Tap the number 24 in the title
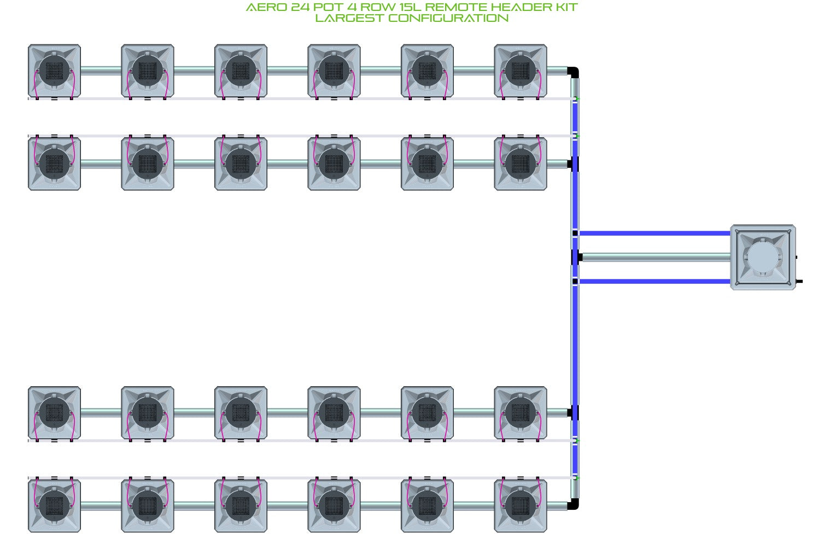pyautogui.click(x=300, y=7)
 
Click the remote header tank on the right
pyautogui.click(x=763, y=257)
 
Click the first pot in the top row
pyautogui.click(x=55, y=71)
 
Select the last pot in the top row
pyautogui.click(x=521, y=71)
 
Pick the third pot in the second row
pyautogui.click(x=241, y=164)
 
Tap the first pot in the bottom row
pyautogui.click(x=55, y=505)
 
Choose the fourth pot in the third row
pyautogui.click(x=334, y=413)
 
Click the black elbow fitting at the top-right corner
pyautogui.click(x=574, y=72)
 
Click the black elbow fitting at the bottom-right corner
pyautogui.click(x=574, y=504)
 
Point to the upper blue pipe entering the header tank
pyautogui.click(x=655, y=233)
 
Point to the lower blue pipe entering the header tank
pyautogui.click(x=655, y=282)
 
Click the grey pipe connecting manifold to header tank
pyautogui.click(x=656, y=257)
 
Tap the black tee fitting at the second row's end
pyautogui.click(x=574, y=164)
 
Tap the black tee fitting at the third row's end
pyautogui.click(x=574, y=413)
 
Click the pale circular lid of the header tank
pyautogui.click(x=763, y=257)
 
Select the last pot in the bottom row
pyautogui.click(x=521, y=505)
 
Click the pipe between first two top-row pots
pyautogui.click(x=101, y=71)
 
